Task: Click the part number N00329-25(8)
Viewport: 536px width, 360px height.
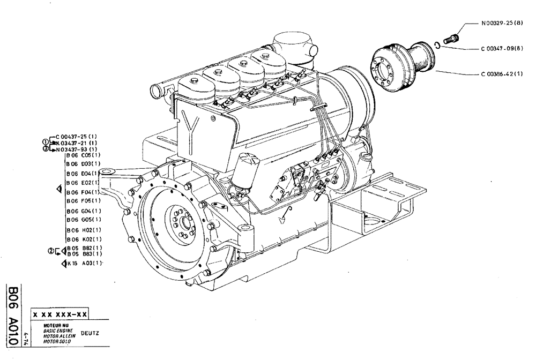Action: (498, 24)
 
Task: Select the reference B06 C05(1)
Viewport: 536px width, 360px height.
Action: (84, 155)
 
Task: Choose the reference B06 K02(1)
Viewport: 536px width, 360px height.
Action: (84, 238)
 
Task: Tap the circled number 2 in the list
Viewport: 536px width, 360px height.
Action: (50, 250)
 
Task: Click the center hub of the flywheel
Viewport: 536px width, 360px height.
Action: (181, 220)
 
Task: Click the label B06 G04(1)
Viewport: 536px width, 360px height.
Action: (84, 211)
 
